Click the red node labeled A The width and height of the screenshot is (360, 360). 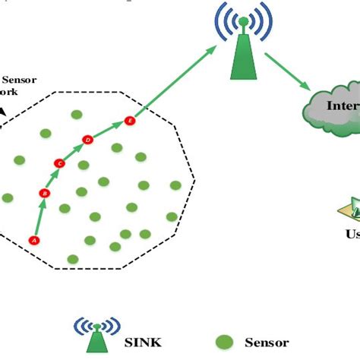tap(33, 240)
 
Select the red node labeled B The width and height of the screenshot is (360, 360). tap(44, 194)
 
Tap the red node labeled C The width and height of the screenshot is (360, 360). tap(60, 163)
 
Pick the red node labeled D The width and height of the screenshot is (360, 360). tap(87, 140)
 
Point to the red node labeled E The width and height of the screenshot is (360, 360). tap(129, 121)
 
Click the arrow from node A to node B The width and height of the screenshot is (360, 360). tap(38, 218)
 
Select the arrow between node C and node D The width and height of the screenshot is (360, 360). tap(74, 151)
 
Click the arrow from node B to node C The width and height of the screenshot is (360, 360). tap(52, 178)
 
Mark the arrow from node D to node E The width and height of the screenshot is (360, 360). tap(108, 129)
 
